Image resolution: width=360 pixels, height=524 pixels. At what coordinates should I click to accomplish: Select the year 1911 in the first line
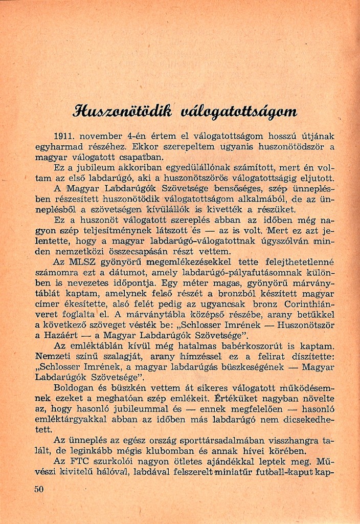point(64,136)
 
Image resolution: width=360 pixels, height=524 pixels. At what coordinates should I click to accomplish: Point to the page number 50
point(39,489)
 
